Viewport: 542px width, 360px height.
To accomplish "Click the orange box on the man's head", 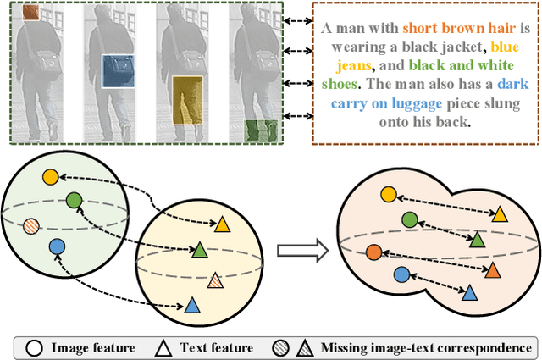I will click(x=30, y=13).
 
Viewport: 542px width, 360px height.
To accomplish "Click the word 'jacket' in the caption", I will click(x=460, y=46).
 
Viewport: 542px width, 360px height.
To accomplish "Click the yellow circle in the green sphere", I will click(x=50, y=176).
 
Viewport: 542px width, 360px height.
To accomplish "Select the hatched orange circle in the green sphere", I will click(x=30, y=226).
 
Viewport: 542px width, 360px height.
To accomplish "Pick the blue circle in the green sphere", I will click(x=57, y=246).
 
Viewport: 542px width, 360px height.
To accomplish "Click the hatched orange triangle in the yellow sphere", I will click(x=215, y=280).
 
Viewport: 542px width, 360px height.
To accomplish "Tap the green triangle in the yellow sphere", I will click(x=200, y=250).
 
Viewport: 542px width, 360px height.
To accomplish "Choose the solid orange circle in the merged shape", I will click(x=373, y=252).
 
